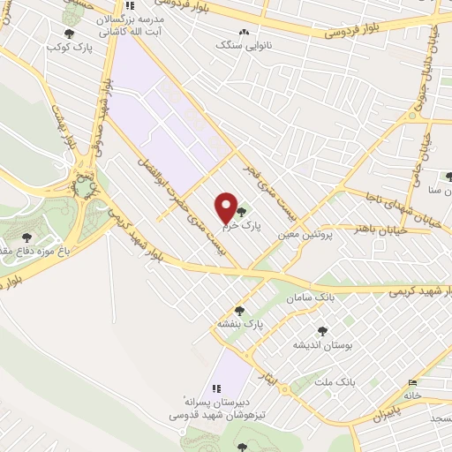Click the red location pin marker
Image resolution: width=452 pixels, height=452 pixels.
226,208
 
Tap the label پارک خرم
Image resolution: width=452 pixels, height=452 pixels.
242,225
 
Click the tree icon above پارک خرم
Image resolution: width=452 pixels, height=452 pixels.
242,211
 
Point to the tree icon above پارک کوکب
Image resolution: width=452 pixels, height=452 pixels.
69,34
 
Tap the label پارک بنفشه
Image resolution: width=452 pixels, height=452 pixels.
241,325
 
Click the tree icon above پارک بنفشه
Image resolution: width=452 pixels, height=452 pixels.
238,311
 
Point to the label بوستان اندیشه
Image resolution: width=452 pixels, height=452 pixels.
322,344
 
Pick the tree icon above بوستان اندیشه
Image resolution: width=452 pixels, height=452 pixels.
322,331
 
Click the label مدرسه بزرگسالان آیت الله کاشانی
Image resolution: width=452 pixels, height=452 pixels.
131,23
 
